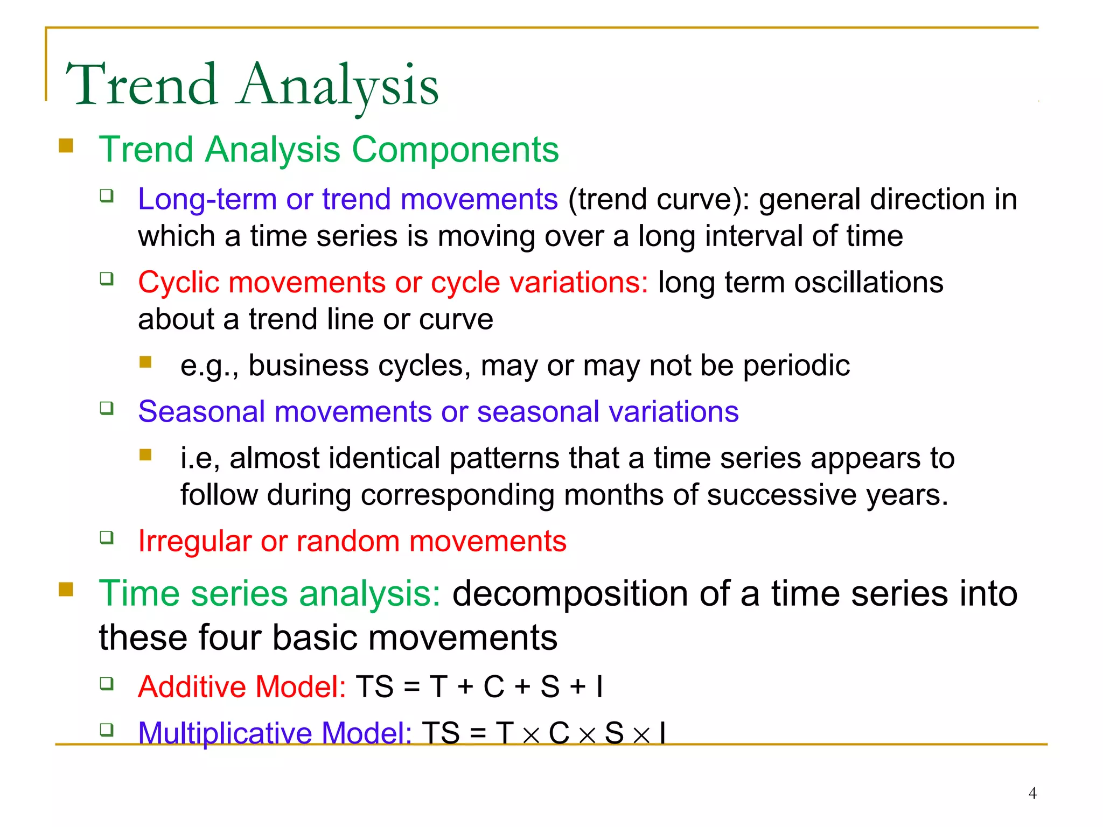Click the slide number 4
coord(1032,793)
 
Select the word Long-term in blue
coord(207,199)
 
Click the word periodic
coord(796,366)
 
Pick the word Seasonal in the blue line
coord(201,412)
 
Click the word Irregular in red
coord(194,541)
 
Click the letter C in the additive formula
coord(494,687)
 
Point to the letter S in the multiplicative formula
coord(614,733)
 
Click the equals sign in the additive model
coord(412,688)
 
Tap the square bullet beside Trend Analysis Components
coord(66,146)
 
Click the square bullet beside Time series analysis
coord(66,590)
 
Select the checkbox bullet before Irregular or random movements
coord(107,537)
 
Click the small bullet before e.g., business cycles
coord(145,362)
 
